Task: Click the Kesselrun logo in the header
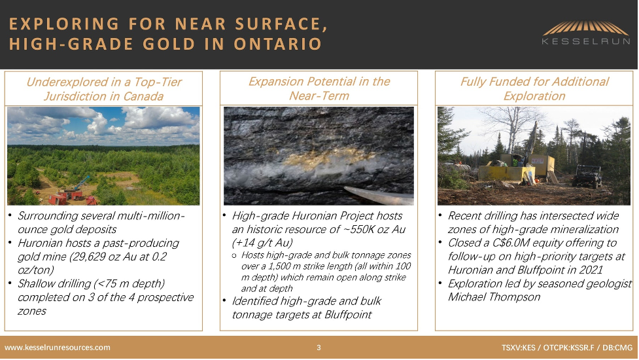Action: coord(586,33)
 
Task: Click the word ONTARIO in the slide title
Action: coord(278,44)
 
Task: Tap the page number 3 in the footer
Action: coord(319,348)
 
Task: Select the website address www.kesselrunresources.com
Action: coord(58,348)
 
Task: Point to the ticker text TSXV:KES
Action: coord(519,348)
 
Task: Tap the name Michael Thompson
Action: coord(494,297)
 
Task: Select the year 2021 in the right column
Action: coord(591,270)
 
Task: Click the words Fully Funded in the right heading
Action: coord(494,82)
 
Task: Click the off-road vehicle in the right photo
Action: coord(587,175)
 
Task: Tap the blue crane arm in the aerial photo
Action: coord(81,182)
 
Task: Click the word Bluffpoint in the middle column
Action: coord(348,315)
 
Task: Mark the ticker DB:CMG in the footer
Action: coord(618,348)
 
